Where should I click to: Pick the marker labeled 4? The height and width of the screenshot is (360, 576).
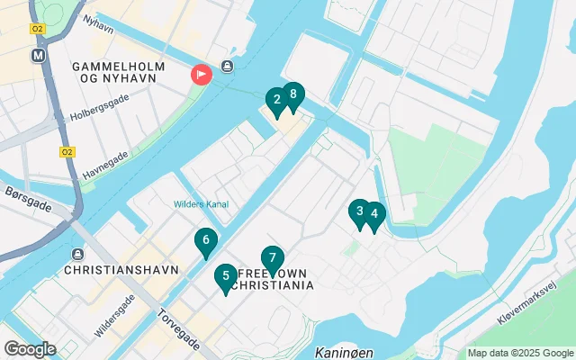(373, 216)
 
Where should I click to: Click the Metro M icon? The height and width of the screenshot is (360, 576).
(38, 54)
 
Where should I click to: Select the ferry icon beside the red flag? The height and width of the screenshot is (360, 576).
(228, 67)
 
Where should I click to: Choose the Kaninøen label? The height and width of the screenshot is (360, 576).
(345, 352)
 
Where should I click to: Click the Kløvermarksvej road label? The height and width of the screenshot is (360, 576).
(536, 301)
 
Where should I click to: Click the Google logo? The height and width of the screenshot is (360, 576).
(30, 348)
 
